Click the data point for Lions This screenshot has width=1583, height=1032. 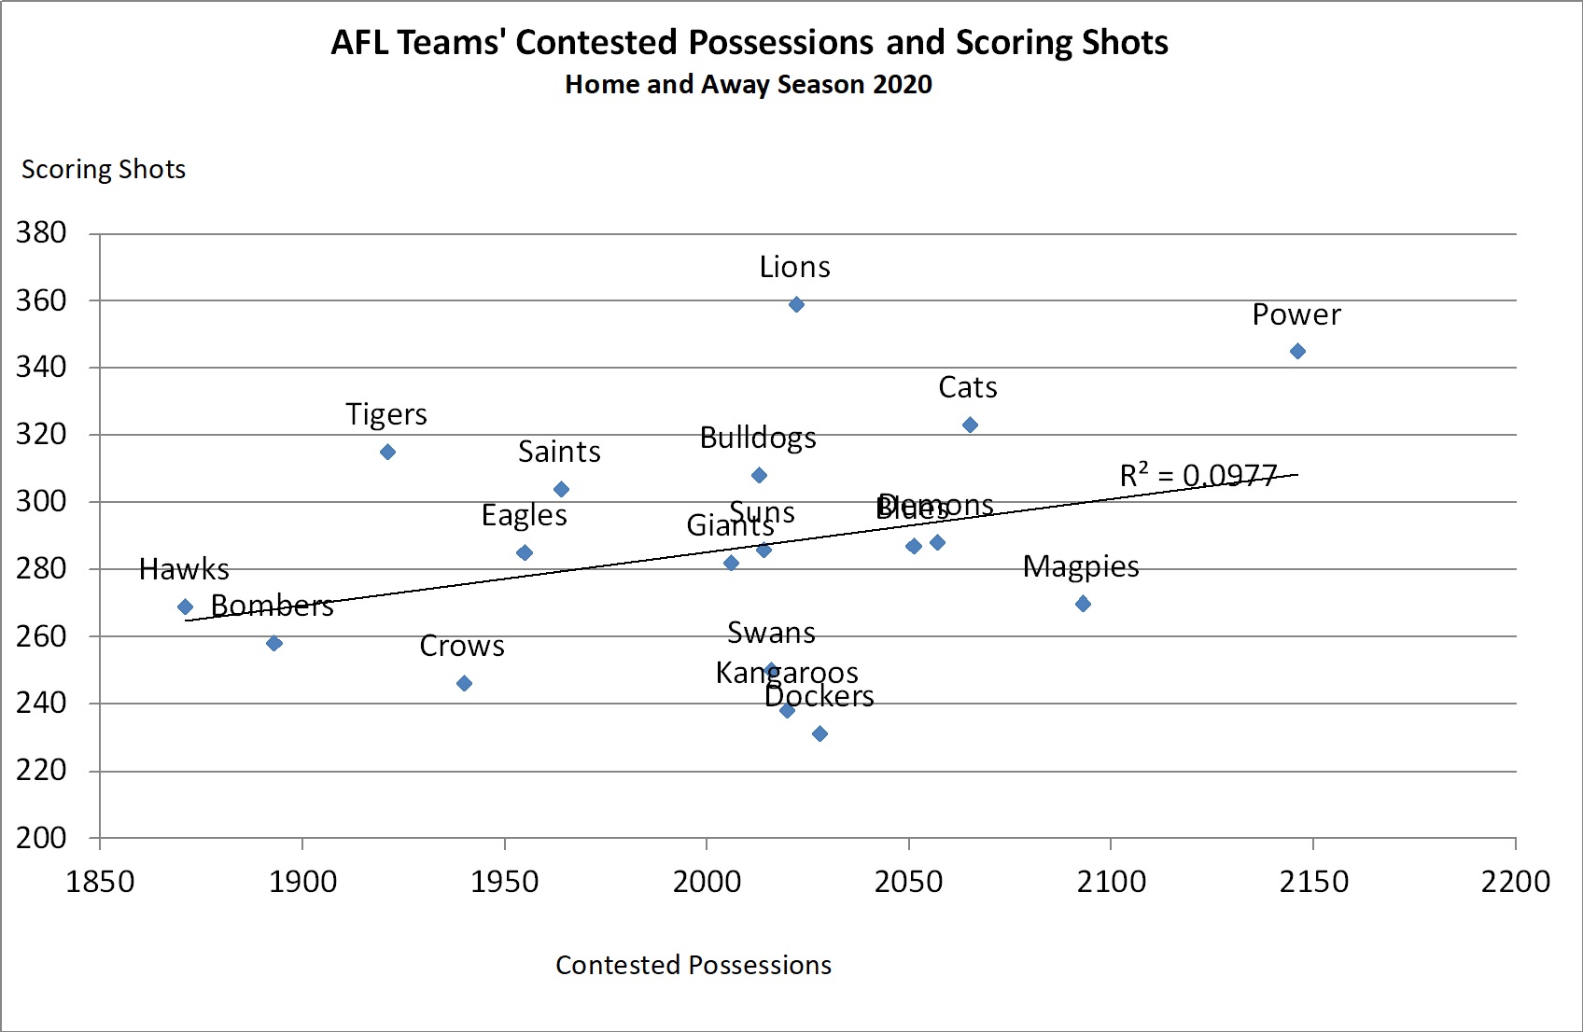pyautogui.click(x=796, y=304)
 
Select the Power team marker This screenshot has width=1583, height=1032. pyautogui.click(x=1297, y=351)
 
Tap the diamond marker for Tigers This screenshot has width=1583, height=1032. pyautogui.click(x=387, y=452)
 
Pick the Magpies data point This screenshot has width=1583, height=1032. pyautogui.click(x=1083, y=604)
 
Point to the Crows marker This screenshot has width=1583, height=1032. pyautogui.click(x=464, y=683)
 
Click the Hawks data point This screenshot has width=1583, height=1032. pyautogui.click(x=185, y=607)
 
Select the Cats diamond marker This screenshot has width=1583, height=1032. pyautogui.click(x=970, y=425)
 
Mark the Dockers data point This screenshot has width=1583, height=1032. pyautogui.click(x=820, y=733)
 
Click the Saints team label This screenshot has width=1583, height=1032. pyautogui.click(x=559, y=452)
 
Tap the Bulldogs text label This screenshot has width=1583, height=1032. pyautogui.click(x=758, y=438)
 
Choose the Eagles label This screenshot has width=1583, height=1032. pyautogui.click(x=524, y=515)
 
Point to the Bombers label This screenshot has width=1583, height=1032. pyautogui.click(x=272, y=606)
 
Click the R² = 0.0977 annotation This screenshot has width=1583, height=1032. pyautogui.click(x=1198, y=476)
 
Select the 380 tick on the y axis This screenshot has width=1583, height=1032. pyautogui.click(x=41, y=232)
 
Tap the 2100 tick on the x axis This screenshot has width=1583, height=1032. pyautogui.click(x=1111, y=881)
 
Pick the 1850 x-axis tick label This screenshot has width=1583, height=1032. pyautogui.click(x=100, y=881)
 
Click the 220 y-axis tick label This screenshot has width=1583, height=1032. pyautogui.click(x=41, y=770)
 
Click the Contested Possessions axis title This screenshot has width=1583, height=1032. pyautogui.click(x=693, y=965)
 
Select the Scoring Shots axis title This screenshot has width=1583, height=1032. pyautogui.click(x=104, y=169)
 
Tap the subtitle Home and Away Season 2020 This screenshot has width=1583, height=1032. pyautogui.click(x=749, y=84)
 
